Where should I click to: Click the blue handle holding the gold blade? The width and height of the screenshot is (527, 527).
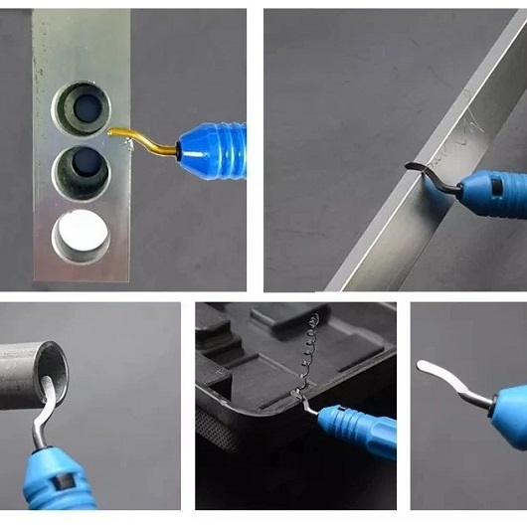pos(215,146)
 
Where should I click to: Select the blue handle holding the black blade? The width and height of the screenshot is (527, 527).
pos(497,189)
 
